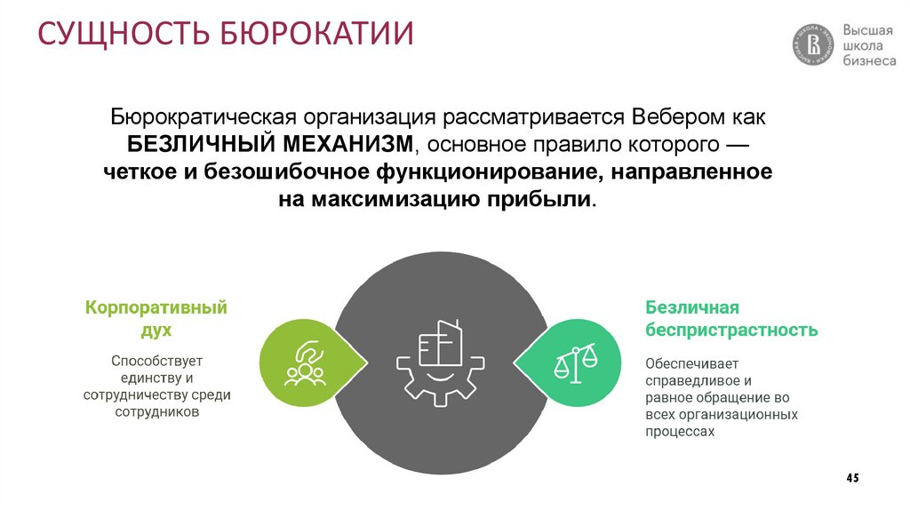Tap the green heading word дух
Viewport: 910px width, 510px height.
click(156, 330)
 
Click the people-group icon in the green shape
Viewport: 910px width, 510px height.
click(304, 362)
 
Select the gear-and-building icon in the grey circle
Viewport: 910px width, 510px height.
click(440, 362)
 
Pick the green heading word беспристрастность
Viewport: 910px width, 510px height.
click(731, 331)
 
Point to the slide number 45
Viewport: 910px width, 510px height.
click(852, 478)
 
